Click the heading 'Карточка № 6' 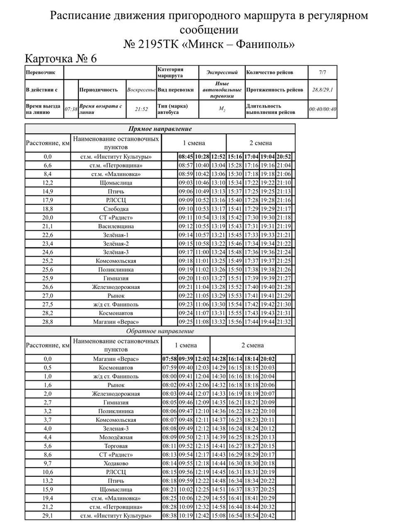pos(61,59)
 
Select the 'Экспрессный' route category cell pos(222,72)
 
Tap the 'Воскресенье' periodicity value pos(141,90)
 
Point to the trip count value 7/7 pos(322,72)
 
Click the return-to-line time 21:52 pos(141,109)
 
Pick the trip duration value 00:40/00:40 pos(322,109)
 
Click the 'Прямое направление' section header pos(160,129)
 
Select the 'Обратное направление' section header pos(160,331)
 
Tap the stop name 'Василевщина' pos(116,227)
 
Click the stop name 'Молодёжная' pos(116,437)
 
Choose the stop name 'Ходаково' pos(116,463)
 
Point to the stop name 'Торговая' pos(116,446)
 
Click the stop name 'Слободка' pos(116,209)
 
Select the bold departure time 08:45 pos(186,157)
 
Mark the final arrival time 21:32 pos(284,322)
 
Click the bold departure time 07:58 pos(169,359)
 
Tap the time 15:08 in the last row pos(218,516)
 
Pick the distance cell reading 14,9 pos(48,192)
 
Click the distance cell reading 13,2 pos(48,481)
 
